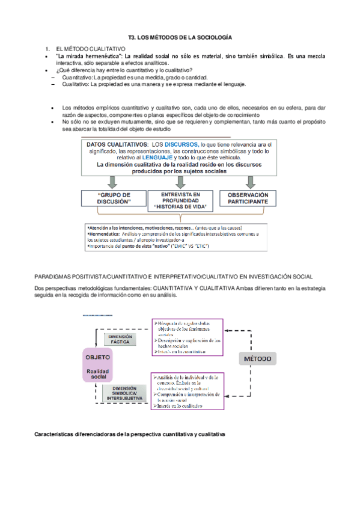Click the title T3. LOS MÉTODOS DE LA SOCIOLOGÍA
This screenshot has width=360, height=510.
[180, 37]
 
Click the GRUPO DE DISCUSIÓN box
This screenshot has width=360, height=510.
[114, 199]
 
